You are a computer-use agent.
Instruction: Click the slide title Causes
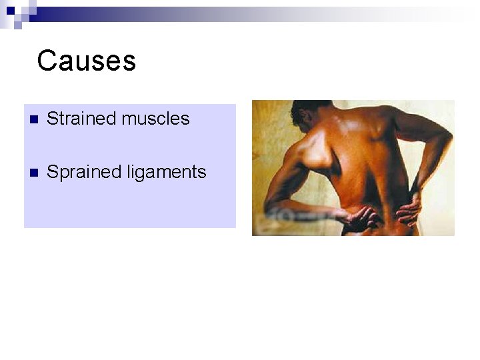pyautogui.click(x=87, y=61)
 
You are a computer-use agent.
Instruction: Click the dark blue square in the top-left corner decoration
pyautogui.click(x=11, y=10)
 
